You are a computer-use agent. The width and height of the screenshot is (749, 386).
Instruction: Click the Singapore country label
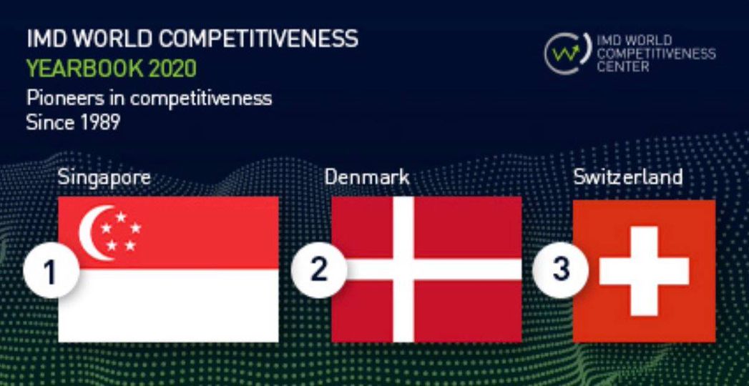click(x=104, y=179)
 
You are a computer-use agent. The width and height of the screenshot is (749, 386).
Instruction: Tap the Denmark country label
click(x=367, y=177)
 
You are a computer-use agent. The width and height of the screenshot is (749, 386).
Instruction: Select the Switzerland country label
click(x=628, y=177)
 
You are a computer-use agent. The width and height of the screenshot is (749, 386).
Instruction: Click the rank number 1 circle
click(x=51, y=271)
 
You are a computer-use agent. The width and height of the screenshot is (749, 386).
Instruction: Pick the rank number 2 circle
click(x=318, y=270)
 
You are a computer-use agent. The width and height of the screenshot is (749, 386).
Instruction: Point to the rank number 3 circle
click(x=560, y=270)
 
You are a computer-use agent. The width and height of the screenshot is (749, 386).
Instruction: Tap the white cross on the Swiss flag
click(x=644, y=271)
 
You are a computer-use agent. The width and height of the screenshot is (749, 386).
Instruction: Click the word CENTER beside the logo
click(x=623, y=66)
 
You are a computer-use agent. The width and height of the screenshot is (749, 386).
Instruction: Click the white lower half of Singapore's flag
click(x=168, y=305)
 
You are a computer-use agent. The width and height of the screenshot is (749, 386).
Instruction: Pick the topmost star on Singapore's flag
click(x=121, y=217)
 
